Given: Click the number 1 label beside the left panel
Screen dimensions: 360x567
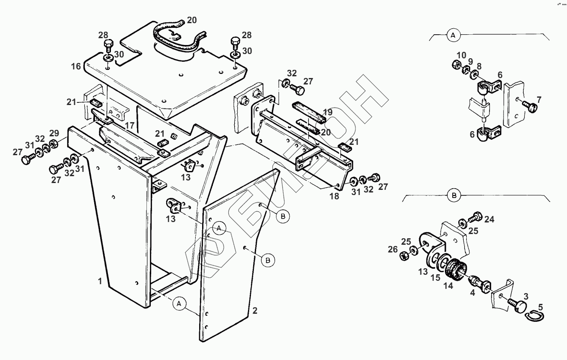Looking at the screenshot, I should tap(100, 282).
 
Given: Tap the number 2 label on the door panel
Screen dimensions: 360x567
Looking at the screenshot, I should tap(255, 311).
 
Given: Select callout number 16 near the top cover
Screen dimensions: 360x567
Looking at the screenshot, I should tap(76, 66).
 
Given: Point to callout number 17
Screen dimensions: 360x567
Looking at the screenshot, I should tap(130, 126).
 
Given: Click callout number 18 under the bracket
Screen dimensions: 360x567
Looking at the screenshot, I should tap(334, 196).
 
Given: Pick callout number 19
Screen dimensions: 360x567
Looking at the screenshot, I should tap(328, 112).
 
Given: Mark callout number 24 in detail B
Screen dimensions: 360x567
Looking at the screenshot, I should tap(489, 219).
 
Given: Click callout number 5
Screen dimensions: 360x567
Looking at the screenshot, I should tap(540, 307).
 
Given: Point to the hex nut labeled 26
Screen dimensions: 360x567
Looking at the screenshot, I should tap(403, 257).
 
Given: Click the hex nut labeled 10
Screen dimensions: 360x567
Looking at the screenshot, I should tap(456, 65).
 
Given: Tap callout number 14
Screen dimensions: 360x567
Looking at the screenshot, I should tap(449, 286).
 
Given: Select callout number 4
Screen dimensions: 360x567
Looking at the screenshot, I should tap(472, 293).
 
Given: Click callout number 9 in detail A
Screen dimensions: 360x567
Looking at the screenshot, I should tap(470, 61).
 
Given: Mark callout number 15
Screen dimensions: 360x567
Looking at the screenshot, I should tap(435, 277).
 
